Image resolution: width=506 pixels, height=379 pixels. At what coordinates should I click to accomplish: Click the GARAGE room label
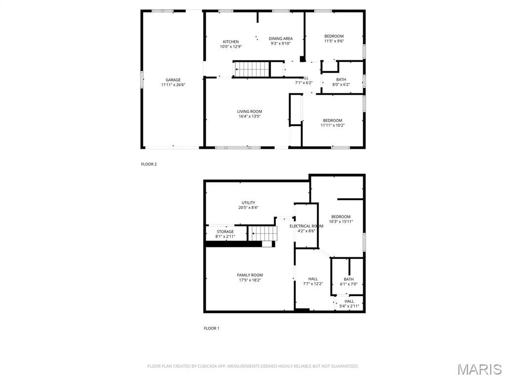tap(173, 80)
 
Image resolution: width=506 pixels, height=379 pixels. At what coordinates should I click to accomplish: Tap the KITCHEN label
tap(231, 42)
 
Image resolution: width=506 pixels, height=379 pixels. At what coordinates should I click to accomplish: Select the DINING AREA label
tap(281, 39)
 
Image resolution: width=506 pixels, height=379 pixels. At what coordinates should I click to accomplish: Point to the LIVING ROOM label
tap(250, 112)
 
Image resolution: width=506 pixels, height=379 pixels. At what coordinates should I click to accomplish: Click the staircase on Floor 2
tap(251, 69)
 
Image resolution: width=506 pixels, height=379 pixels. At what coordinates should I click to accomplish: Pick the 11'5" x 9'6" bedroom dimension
tap(334, 42)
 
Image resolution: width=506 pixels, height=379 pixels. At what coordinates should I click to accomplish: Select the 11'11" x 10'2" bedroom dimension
tap(333, 126)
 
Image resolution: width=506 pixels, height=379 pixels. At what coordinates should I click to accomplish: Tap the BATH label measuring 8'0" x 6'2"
tap(341, 80)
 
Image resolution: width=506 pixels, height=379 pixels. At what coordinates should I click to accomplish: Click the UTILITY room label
tap(248, 203)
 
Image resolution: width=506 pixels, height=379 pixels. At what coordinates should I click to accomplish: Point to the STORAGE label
tap(225, 232)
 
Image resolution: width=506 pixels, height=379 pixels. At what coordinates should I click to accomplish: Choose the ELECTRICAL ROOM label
tap(306, 226)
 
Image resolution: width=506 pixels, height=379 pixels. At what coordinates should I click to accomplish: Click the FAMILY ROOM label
tap(250, 275)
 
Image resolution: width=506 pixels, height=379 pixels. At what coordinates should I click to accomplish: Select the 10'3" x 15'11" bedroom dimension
tap(340, 222)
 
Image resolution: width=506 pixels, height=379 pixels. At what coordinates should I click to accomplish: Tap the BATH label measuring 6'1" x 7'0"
tap(349, 279)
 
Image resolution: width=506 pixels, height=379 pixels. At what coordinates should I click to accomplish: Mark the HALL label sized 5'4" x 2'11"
tap(349, 301)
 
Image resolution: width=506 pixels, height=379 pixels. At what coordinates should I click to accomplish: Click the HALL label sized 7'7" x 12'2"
tap(313, 279)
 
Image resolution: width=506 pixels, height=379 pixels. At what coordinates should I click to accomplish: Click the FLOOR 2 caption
tap(149, 164)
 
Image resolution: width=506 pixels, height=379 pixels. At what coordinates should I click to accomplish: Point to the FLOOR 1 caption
tap(211, 328)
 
